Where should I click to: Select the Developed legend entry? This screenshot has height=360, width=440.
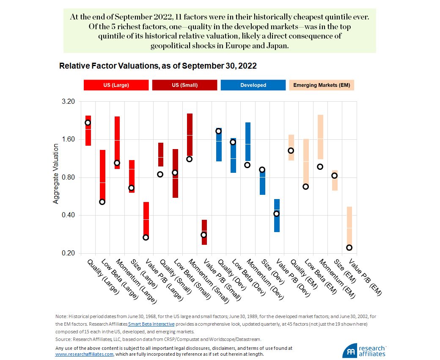pyautogui.click(x=253, y=85)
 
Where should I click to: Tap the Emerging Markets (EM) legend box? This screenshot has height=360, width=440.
pyautogui.click(x=322, y=85)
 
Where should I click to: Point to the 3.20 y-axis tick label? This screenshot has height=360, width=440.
pyautogui.click(x=68, y=102)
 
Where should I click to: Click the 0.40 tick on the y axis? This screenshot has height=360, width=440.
pyautogui.click(x=68, y=215)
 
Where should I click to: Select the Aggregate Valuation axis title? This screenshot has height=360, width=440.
pyautogui.click(x=56, y=174)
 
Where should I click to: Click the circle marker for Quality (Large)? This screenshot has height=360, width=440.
pyautogui.click(x=88, y=123)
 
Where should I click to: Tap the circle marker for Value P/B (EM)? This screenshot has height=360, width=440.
pyautogui.click(x=349, y=248)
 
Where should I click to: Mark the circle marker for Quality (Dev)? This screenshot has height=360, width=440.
pyautogui.click(x=218, y=131)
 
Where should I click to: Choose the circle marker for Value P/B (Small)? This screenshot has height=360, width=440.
pyautogui.click(x=204, y=235)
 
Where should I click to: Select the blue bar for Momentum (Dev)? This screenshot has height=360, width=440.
pyautogui.click(x=247, y=141)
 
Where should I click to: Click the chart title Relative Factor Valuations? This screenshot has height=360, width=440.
pyautogui.click(x=158, y=66)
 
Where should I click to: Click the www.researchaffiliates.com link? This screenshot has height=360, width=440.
pyautogui.click(x=84, y=354)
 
